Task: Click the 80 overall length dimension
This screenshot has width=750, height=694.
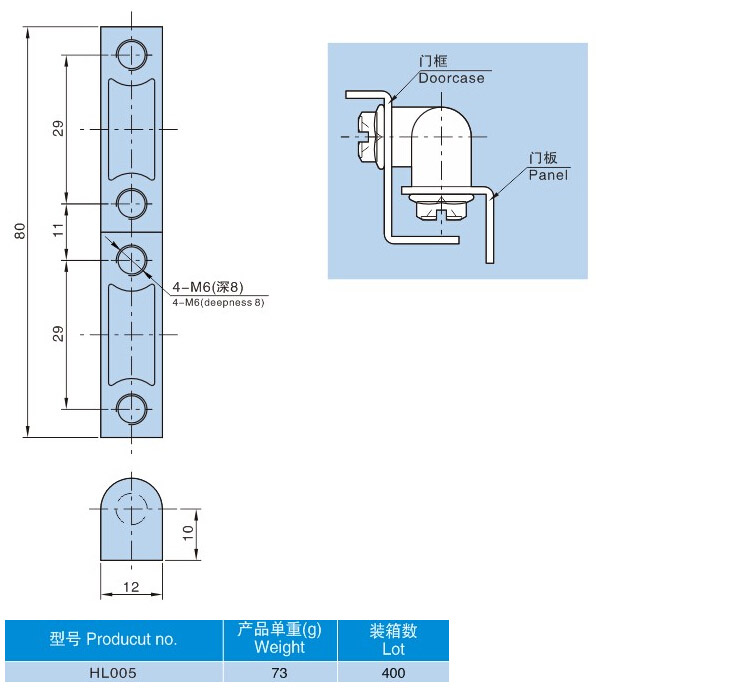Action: pyautogui.click(x=18, y=231)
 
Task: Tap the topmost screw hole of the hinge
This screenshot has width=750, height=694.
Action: pyautogui.click(x=131, y=53)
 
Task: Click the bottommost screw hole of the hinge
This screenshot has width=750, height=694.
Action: pyautogui.click(x=131, y=408)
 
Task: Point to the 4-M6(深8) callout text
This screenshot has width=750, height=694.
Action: pyautogui.click(x=207, y=288)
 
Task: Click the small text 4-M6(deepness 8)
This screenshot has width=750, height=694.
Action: pyautogui.click(x=218, y=302)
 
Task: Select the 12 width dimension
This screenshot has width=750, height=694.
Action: pyautogui.click(x=130, y=586)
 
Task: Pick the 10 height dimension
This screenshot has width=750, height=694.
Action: pyautogui.click(x=187, y=533)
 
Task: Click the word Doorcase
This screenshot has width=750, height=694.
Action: pyautogui.click(x=451, y=78)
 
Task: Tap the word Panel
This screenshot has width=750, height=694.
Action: pyautogui.click(x=548, y=175)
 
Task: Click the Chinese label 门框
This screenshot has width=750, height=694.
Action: pyautogui.click(x=433, y=62)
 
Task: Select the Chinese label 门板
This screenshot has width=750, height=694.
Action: pyautogui.click(x=543, y=159)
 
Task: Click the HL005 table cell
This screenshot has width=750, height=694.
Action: pyautogui.click(x=112, y=673)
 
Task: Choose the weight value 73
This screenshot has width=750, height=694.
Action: pyautogui.click(x=279, y=673)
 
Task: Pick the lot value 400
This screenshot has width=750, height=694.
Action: pyautogui.click(x=393, y=673)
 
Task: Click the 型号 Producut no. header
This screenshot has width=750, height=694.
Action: pyautogui.click(x=113, y=639)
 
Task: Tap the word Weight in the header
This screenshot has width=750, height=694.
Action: pyautogui.click(x=279, y=647)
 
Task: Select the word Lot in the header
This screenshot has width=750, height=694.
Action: pyautogui.click(x=393, y=648)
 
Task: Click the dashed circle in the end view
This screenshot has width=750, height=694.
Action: pyautogui.click(x=131, y=510)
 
